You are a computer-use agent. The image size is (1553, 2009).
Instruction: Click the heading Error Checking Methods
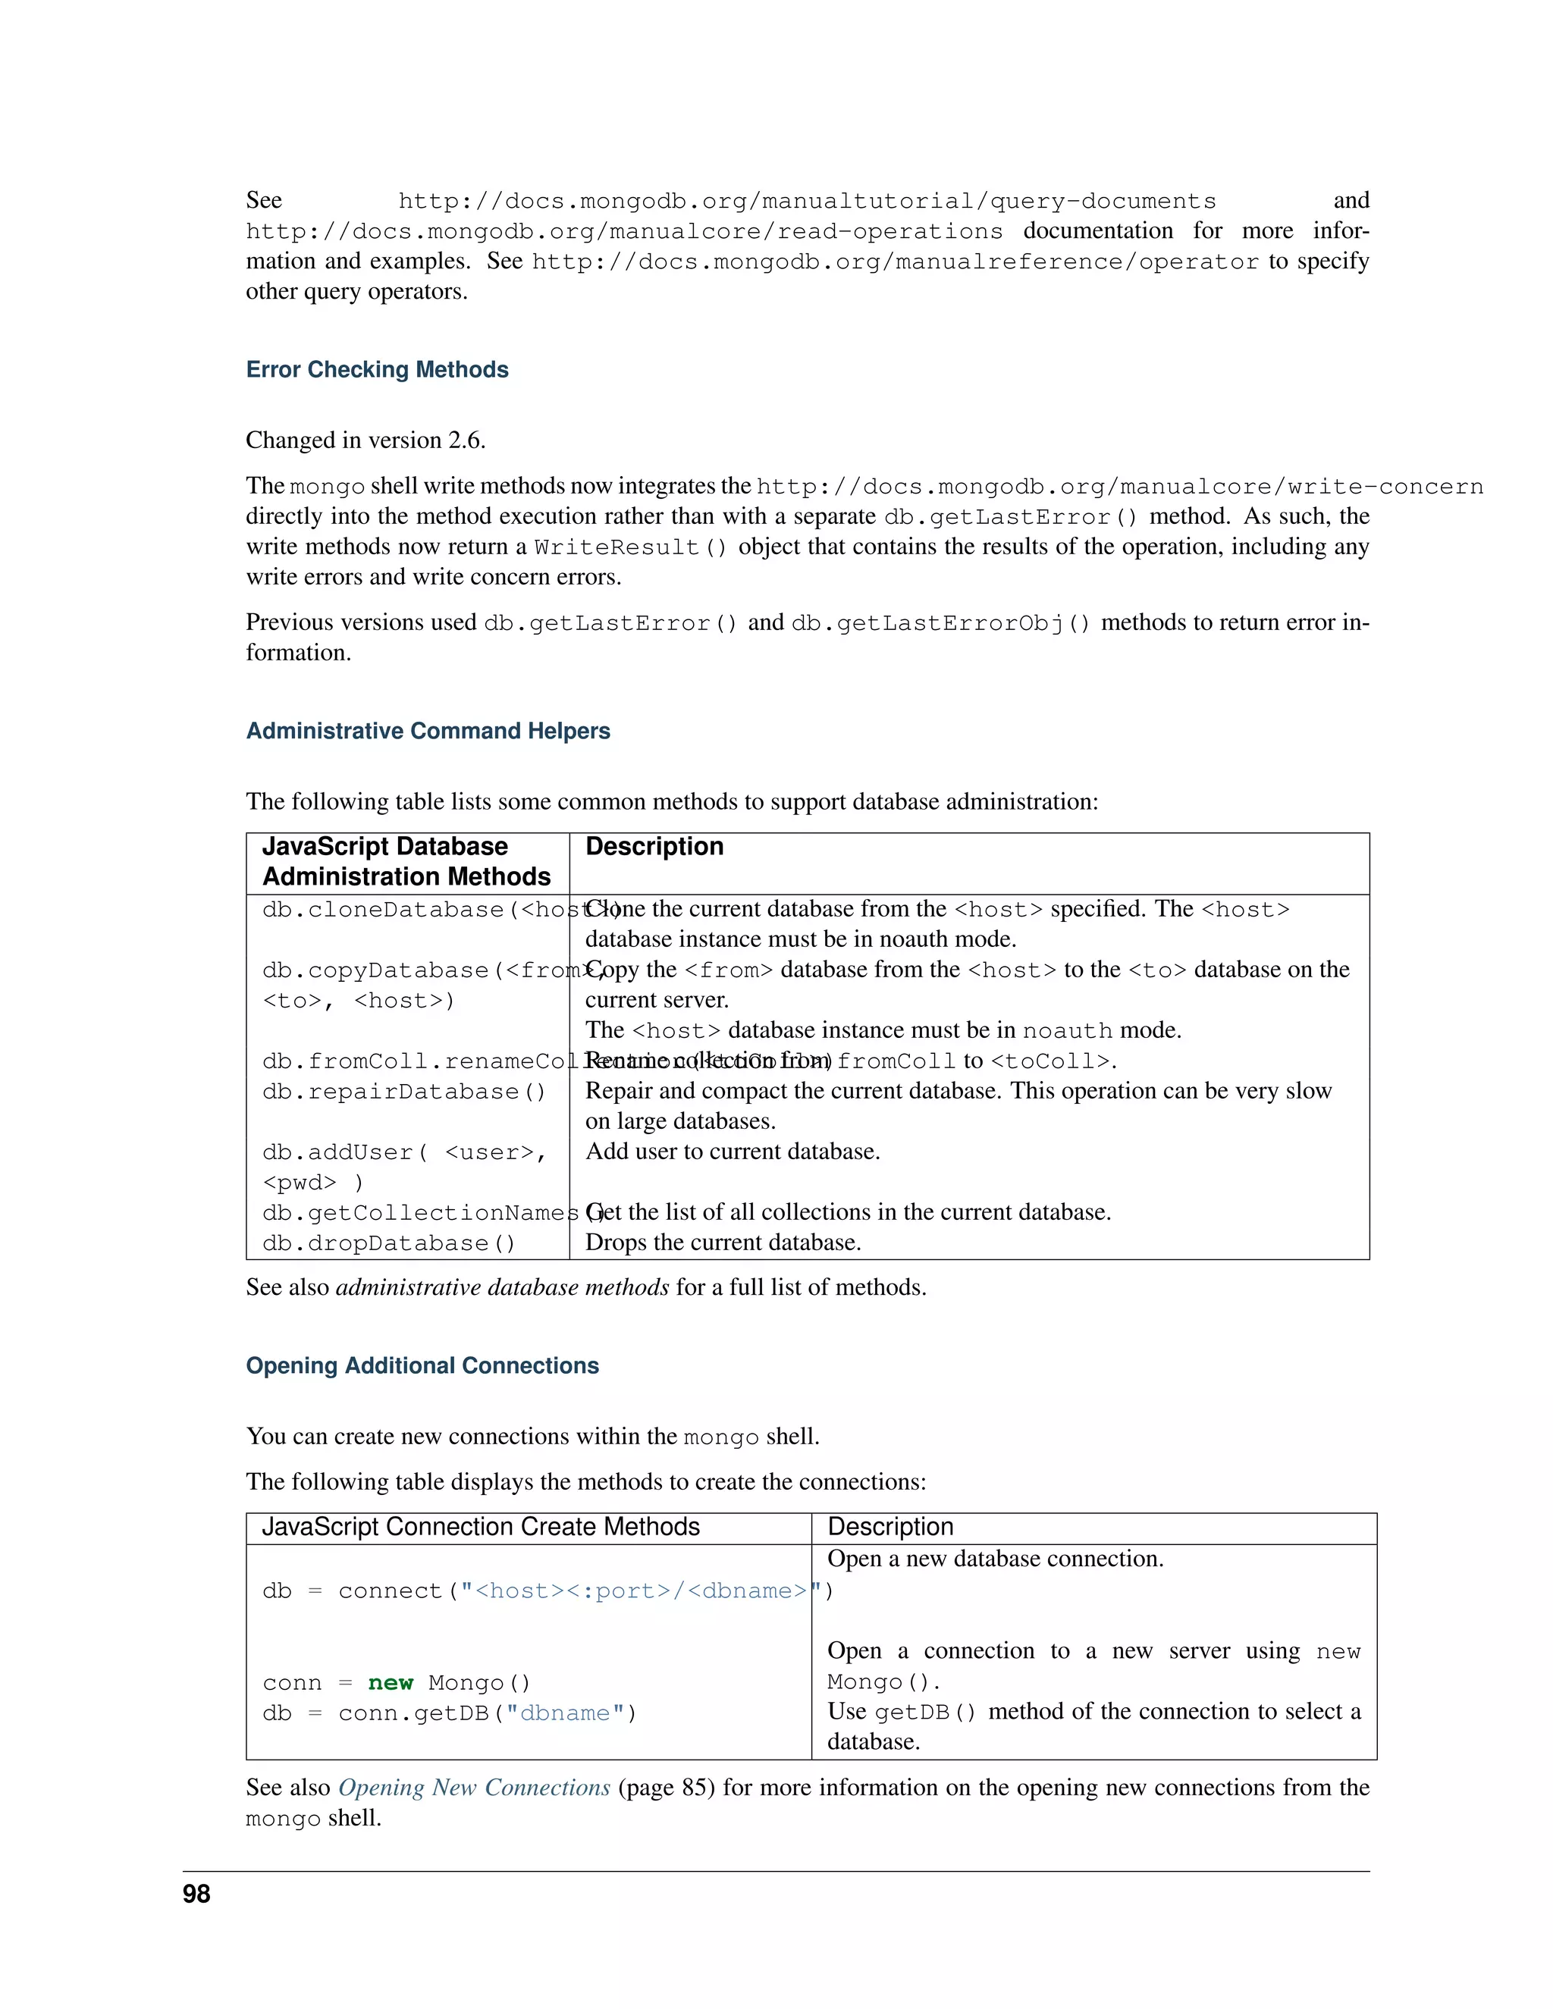pos(377,370)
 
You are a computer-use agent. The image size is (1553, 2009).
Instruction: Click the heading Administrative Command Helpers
pos(428,732)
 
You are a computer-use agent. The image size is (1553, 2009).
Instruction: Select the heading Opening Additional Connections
pos(422,1366)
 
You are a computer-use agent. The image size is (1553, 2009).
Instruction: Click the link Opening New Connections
pos(474,1788)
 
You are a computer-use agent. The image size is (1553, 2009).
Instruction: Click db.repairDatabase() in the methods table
pos(404,1092)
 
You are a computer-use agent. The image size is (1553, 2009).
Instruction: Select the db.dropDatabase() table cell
pos(388,1243)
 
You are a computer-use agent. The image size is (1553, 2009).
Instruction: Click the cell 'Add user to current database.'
pos(733,1152)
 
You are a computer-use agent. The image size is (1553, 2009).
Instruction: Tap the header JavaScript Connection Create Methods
pos(480,1527)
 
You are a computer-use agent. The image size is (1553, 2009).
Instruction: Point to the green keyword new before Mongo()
pos(390,1683)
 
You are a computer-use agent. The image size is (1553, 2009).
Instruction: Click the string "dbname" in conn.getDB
pos(565,1714)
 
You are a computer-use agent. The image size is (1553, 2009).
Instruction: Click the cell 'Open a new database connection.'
pos(995,1559)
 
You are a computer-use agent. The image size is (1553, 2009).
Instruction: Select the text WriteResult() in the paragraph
pos(630,547)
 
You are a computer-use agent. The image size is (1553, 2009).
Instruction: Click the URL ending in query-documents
pos(806,202)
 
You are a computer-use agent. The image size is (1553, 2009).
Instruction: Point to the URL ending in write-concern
pos(1118,487)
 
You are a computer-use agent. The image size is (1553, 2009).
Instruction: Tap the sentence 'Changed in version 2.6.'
pos(366,440)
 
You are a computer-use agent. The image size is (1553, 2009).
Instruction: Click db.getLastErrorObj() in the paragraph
pos(940,624)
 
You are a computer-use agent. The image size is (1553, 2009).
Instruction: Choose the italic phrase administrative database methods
pos(502,1288)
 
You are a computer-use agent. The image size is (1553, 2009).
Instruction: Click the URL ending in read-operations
pos(624,232)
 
